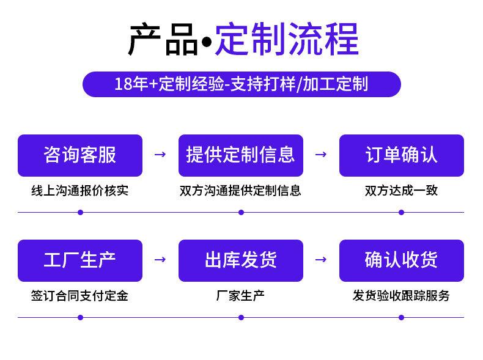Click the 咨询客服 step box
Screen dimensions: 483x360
[x=80, y=155]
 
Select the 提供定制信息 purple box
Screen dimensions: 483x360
[x=241, y=155]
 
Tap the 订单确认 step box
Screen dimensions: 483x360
[x=402, y=155]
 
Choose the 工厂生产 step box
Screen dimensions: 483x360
[x=80, y=260]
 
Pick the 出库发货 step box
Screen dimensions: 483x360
[x=241, y=260]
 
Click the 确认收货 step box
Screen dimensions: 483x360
[x=402, y=260]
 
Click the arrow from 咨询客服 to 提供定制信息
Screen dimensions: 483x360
[x=160, y=154]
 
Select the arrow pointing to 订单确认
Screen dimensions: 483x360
[x=321, y=154]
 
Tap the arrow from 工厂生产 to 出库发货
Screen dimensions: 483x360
[x=160, y=260]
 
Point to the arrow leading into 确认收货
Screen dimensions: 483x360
[x=321, y=260]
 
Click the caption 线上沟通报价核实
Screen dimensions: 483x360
[x=79, y=191]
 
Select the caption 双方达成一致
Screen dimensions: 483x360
[x=401, y=191]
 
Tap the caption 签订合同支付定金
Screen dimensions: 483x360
[x=79, y=296]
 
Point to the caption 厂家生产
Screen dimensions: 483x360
[x=240, y=296]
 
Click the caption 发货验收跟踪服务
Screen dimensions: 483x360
[x=401, y=296]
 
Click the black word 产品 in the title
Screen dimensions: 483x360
[x=163, y=40]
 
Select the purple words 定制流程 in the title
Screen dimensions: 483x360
[x=287, y=39]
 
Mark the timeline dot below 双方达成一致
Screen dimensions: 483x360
[x=401, y=213]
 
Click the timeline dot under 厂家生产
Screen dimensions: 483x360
[x=241, y=317]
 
